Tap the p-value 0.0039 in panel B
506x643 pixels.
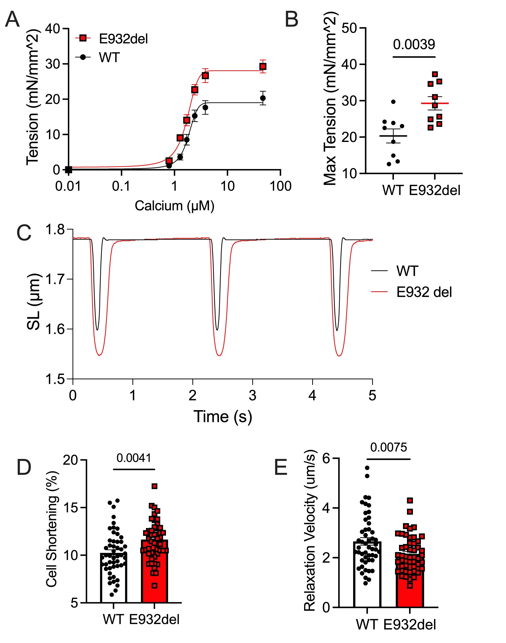pos(414,45)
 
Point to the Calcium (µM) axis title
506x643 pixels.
pos(175,206)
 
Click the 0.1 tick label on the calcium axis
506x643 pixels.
pos(121,186)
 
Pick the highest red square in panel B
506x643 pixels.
pos(435,74)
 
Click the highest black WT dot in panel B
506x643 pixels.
pos(393,102)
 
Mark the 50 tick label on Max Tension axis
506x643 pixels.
pos(350,28)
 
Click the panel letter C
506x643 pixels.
pos(24,233)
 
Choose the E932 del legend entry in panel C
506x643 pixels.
pos(424,292)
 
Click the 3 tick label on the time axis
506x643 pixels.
pos(252,396)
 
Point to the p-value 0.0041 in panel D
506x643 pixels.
pos(134,458)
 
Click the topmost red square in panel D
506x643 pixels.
pos(154,486)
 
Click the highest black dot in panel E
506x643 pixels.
pos(367,468)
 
